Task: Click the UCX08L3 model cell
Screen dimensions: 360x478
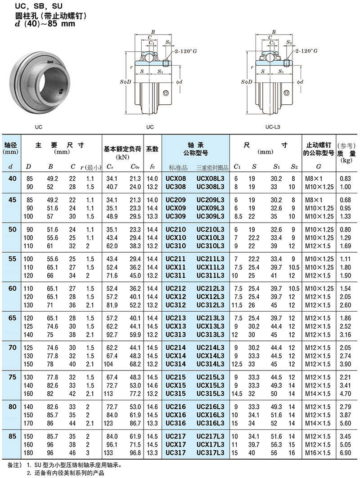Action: click(210, 179)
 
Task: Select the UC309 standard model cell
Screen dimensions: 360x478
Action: click(176, 216)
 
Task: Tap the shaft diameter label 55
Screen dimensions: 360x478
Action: click(12, 259)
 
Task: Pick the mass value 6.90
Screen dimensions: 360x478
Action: click(345, 453)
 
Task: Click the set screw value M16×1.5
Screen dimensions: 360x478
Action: click(318, 453)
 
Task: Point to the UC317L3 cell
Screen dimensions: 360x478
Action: click(210, 453)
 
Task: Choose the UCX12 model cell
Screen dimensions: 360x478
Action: click(176, 297)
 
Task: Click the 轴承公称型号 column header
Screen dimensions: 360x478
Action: click(196, 149)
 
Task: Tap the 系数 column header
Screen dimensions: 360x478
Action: click(152, 149)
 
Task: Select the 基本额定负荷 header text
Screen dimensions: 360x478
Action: click(122, 149)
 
